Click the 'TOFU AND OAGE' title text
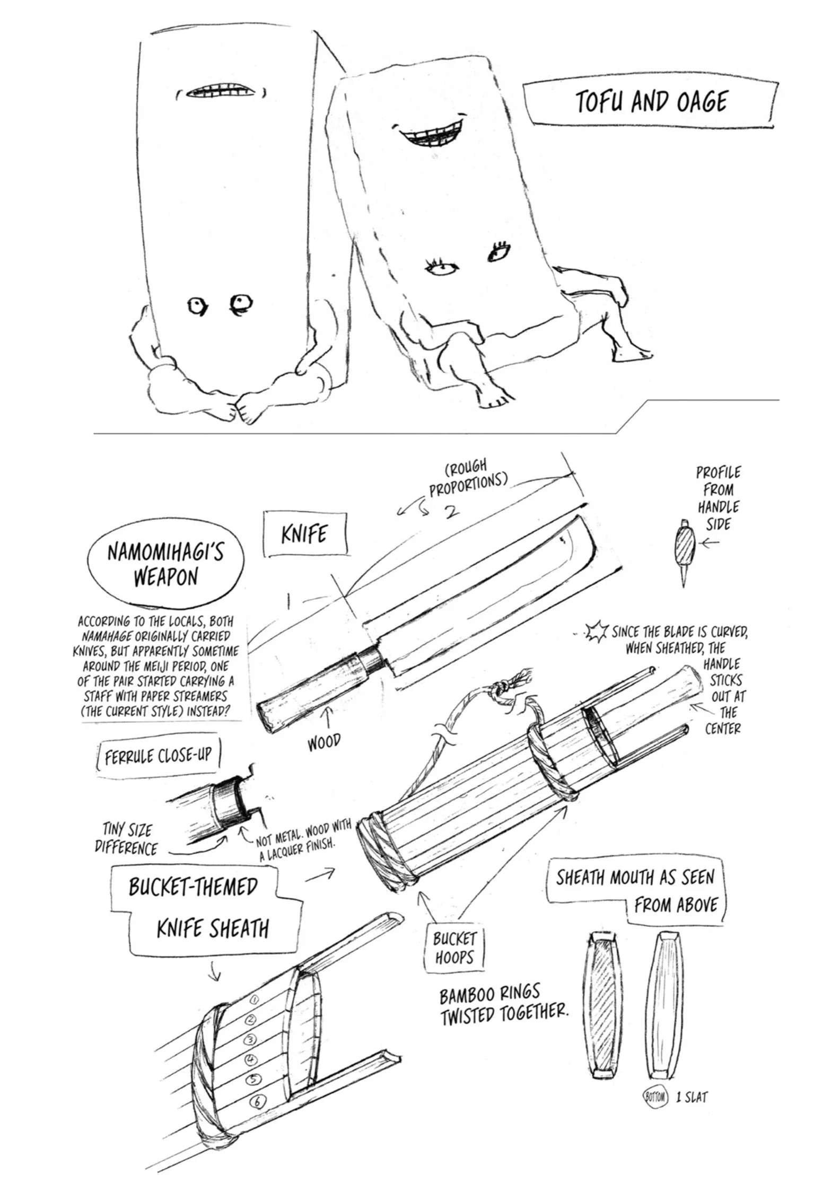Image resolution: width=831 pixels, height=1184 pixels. click(x=651, y=102)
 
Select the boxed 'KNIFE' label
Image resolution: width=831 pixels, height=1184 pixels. click(x=304, y=534)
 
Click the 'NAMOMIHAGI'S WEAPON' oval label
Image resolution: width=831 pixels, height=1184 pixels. click(x=165, y=565)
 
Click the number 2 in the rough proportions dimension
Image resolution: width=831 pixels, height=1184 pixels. click(x=451, y=512)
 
